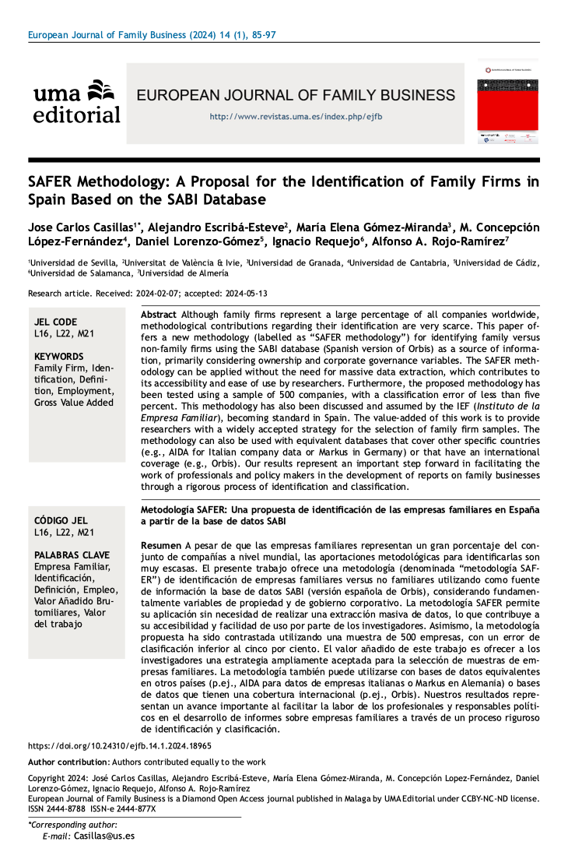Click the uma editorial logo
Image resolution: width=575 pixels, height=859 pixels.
[77, 102]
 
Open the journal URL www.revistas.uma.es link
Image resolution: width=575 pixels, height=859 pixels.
[296, 117]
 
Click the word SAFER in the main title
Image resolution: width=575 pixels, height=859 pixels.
[51, 182]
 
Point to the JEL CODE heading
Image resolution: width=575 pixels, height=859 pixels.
[56, 322]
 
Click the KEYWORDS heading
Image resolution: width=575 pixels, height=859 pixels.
[59, 356]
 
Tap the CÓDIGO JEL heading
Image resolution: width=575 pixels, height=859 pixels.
[61, 520]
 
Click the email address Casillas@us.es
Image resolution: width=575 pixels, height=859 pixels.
[104, 836]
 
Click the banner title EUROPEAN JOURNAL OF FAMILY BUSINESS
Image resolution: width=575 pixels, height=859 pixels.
[296, 96]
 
